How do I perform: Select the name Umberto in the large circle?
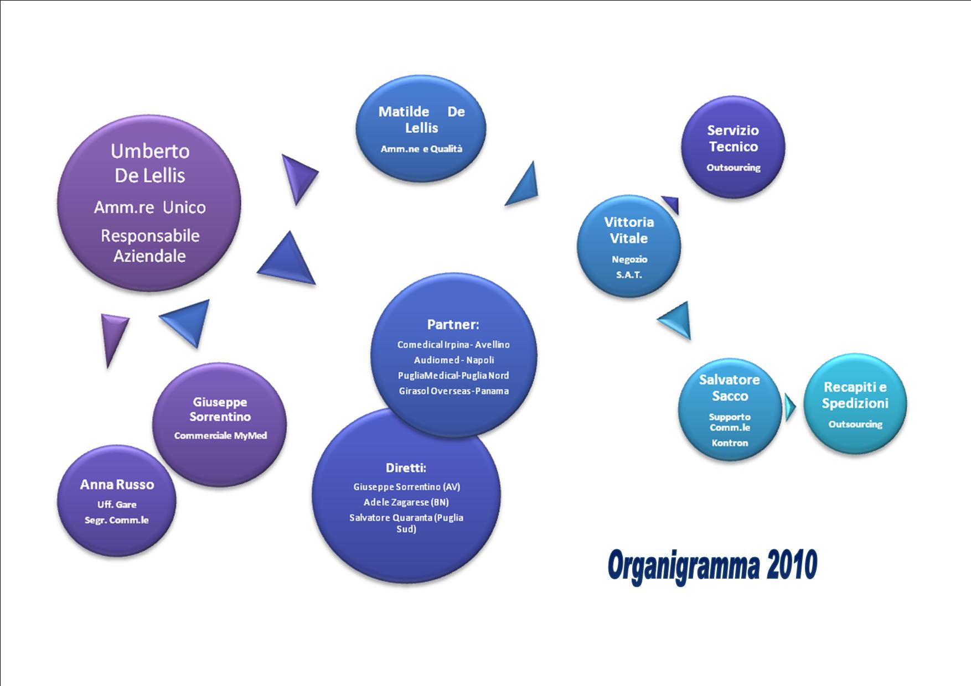150,151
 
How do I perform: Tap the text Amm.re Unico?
150,207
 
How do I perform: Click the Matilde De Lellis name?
421,120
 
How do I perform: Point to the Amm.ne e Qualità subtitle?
421,149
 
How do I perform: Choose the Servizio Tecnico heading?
734,139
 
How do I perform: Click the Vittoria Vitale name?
629,230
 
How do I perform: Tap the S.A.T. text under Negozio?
629,274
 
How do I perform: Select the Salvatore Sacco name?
730,388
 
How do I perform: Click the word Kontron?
730,443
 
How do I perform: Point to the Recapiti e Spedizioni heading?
855,395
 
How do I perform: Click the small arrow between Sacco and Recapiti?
789,407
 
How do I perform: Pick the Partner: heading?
453,324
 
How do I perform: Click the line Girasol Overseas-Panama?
453,391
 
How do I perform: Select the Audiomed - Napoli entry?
453,360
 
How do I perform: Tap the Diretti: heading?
406,468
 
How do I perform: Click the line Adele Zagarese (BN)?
406,502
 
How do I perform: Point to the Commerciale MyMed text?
220,435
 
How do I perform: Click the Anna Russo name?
117,485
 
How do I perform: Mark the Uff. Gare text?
117,505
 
